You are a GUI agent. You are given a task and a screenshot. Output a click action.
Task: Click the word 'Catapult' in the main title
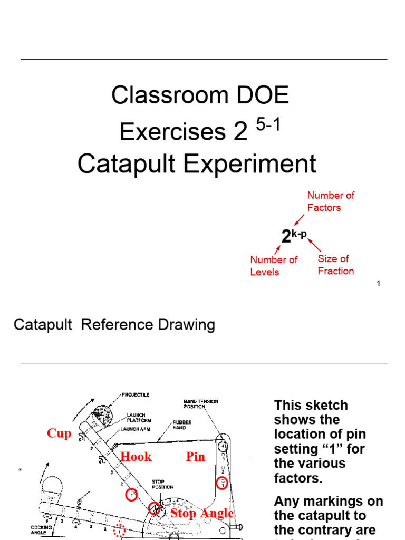click(122, 164)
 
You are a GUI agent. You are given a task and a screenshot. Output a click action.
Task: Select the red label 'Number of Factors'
click(331, 201)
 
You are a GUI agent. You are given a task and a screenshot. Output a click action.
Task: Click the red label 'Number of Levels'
click(273, 266)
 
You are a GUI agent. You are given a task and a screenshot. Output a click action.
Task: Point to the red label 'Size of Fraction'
click(335, 265)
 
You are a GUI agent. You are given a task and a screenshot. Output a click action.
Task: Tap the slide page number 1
click(378, 284)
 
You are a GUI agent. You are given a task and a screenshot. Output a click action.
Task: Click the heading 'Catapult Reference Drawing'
click(114, 325)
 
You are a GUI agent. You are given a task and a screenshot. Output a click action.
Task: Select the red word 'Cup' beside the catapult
click(59, 433)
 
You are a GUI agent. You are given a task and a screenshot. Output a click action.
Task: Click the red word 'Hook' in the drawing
click(136, 457)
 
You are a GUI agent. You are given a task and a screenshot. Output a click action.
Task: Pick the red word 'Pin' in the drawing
click(195, 457)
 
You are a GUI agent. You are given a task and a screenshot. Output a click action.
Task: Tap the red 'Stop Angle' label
click(201, 514)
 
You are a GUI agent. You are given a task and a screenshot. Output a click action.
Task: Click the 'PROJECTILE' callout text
click(136, 394)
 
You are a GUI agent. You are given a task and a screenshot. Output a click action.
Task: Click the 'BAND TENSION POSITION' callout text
click(200, 404)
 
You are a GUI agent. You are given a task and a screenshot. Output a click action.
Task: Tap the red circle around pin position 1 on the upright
click(222, 483)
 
